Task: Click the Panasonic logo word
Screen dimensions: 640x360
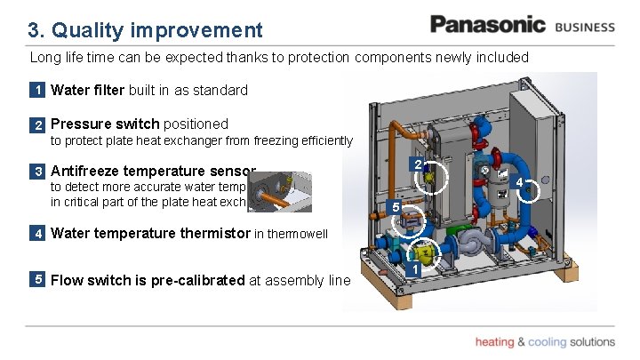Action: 487,25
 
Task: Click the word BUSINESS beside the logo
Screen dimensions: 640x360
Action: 584,27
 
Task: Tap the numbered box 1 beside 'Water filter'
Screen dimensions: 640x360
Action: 38,90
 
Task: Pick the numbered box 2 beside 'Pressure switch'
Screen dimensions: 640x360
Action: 38,124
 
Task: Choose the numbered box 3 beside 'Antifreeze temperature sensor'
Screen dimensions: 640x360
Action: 38,171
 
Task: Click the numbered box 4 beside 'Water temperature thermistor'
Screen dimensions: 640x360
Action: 38,235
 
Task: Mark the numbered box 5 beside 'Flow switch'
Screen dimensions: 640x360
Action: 38,280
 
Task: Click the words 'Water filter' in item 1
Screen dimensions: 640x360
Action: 88,90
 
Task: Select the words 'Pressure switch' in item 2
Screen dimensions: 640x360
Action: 105,124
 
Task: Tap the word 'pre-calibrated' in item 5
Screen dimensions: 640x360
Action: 200,280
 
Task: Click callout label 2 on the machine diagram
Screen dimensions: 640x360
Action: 418,164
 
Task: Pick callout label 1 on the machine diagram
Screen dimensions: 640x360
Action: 413,268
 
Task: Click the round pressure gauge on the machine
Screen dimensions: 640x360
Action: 484,171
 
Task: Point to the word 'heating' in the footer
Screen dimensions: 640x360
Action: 494,342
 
